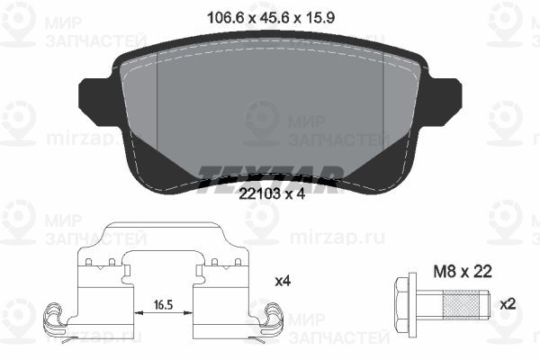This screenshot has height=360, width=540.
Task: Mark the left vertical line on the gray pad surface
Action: [x=157, y=99]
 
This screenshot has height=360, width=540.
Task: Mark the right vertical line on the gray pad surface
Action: [x=384, y=99]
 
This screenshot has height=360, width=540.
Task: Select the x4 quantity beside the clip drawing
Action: [x=282, y=281]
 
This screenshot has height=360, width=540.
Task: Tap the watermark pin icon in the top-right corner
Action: [x=505, y=23]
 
